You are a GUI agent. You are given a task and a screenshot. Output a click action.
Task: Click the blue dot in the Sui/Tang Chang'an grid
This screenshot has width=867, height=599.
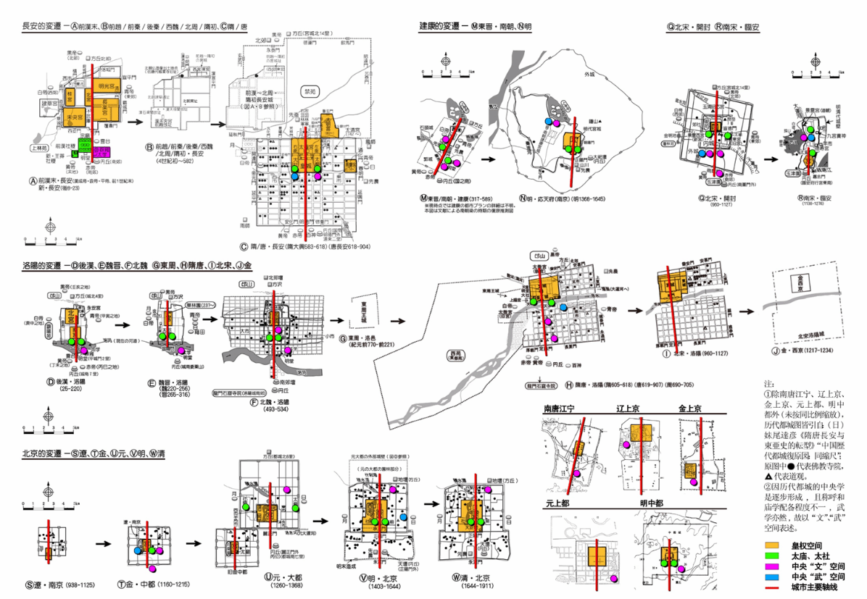[x=295, y=175]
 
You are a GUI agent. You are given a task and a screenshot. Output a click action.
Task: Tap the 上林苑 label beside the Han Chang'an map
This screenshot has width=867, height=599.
[x=37, y=147]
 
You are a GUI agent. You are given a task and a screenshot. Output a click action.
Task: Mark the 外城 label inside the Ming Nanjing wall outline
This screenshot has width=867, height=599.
[x=578, y=73]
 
